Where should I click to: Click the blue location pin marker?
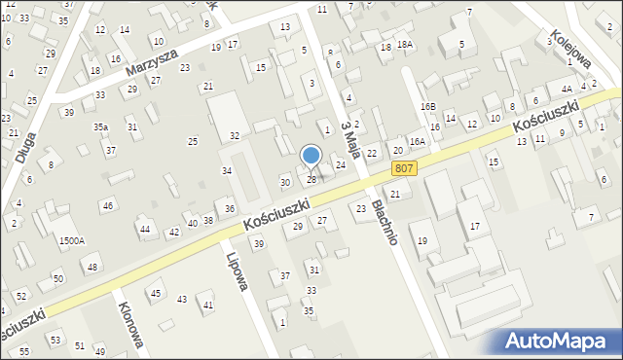click(311, 156)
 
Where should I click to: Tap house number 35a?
click(100, 127)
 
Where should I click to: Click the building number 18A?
click(404, 46)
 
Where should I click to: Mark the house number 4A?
click(566, 89)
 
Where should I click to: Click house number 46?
click(108, 205)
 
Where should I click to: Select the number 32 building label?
click(234, 135)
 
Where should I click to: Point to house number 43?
click(181, 299)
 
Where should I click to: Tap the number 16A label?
click(417, 142)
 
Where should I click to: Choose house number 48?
click(92, 267)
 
